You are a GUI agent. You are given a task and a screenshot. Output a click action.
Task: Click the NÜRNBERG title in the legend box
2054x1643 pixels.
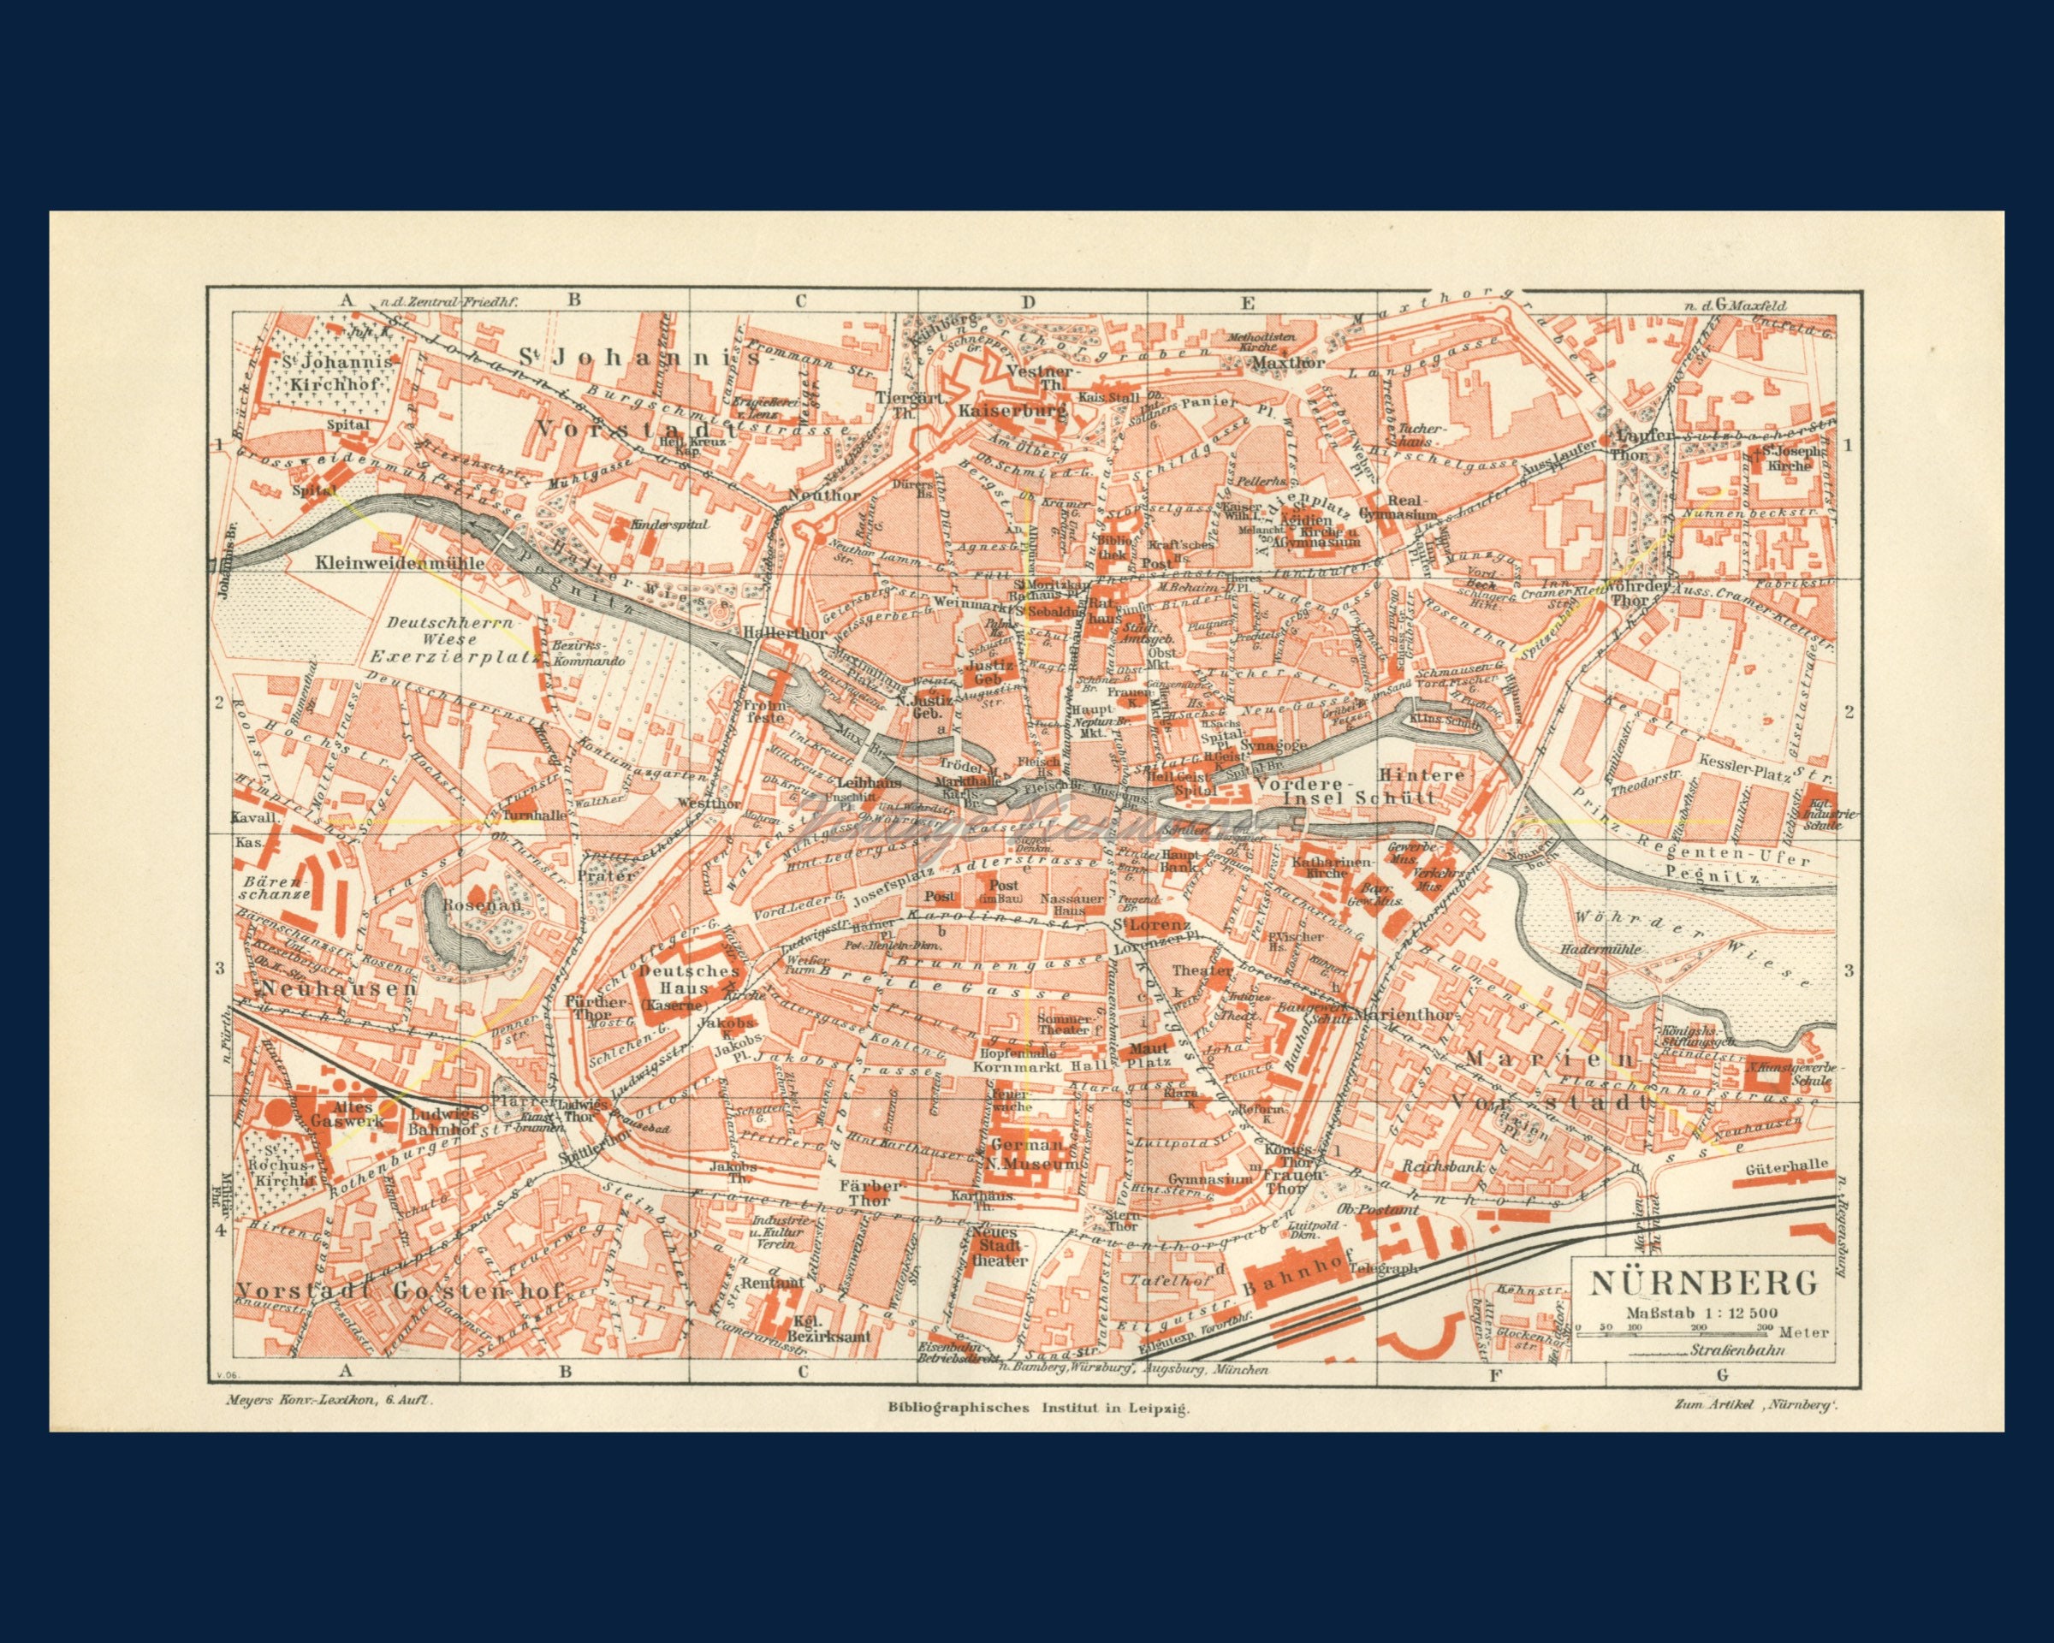point(1701,1283)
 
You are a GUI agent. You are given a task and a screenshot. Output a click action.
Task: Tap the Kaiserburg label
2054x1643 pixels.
point(1012,412)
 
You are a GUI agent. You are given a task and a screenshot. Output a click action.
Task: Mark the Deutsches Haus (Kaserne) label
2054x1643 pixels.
point(676,987)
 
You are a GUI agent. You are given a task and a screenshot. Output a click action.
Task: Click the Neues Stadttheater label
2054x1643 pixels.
point(1000,1246)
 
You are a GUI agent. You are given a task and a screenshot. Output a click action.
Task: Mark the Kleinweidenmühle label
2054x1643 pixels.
point(399,563)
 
